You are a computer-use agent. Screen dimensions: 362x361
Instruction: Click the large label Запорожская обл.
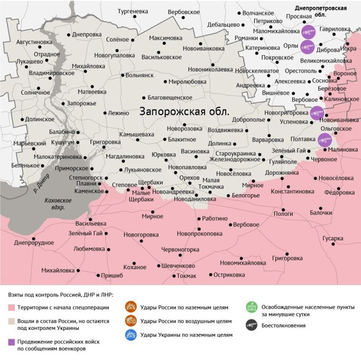point(184,111)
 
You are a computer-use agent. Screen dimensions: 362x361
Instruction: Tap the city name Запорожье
point(81,104)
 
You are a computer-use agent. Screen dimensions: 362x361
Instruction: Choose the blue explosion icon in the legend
point(130,335)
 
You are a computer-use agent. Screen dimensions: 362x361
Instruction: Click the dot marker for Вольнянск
point(123,75)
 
